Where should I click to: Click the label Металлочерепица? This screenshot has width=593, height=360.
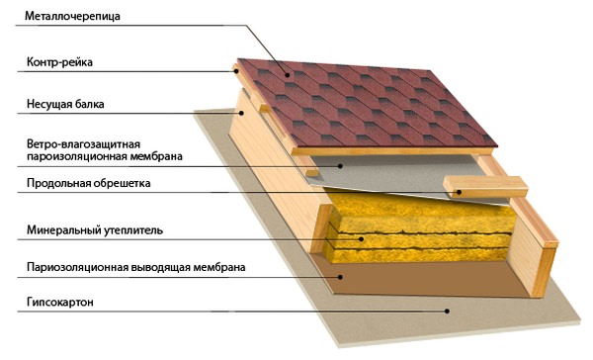(72, 16)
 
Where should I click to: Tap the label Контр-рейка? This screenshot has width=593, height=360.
(59, 61)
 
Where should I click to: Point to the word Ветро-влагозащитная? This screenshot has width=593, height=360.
(84, 144)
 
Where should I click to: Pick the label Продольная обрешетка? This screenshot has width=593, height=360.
(89, 183)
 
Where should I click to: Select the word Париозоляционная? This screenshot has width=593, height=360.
(77, 267)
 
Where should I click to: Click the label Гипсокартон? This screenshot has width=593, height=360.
(59, 302)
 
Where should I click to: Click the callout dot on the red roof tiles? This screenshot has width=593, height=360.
(288, 75)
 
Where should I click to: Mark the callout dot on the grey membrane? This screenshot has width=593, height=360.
(340, 166)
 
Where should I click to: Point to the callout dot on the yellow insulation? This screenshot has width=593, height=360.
(362, 239)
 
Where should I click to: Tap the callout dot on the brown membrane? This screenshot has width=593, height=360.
(340, 277)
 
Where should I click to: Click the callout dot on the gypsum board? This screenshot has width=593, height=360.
(447, 312)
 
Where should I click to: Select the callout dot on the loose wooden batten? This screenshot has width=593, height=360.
(459, 192)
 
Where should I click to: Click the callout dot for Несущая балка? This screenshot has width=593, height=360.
(241, 113)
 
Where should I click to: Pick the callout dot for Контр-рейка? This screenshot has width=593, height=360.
(235, 70)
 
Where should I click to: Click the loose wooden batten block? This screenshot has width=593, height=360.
(485, 186)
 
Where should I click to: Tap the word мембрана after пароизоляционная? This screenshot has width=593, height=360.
(156, 156)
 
